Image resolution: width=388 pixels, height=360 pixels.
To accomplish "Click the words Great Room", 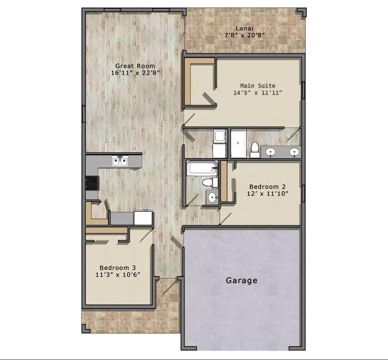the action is [x=135, y=66].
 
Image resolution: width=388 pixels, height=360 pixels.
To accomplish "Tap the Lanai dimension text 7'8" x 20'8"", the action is [x=244, y=35].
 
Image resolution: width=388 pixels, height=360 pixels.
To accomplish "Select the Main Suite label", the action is [x=258, y=86].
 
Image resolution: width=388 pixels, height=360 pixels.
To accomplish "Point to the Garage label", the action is [x=241, y=280].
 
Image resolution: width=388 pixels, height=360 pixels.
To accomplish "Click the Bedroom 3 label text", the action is [x=118, y=268].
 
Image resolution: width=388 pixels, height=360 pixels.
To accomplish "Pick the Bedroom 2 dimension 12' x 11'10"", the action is [x=267, y=194].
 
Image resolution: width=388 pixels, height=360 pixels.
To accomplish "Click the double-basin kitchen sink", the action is [x=120, y=161].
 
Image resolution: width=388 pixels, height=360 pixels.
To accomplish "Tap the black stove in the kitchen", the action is [x=92, y=183].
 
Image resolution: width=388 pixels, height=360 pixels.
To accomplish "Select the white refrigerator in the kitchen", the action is [x=143, y=218].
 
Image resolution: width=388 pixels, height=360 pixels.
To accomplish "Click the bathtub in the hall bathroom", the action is [x=202, y=168].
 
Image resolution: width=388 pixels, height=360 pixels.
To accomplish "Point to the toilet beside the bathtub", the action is [x=210, y=182].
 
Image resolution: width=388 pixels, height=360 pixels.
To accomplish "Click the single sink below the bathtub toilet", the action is [x=212, y=197].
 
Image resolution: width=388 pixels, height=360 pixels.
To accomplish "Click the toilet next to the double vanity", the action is [x=255, y=150].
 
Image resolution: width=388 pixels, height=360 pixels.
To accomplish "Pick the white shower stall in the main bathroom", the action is [x=239, y=143].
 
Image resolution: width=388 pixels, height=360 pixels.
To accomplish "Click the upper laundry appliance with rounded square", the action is [x=220, y=136].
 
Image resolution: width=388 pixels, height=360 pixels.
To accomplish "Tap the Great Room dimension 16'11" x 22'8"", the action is [x=135, y=73].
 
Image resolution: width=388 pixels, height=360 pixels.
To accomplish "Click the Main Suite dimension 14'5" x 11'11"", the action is [x=258, y=93].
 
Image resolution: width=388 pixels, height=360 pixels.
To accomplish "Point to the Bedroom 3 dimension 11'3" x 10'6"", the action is [x=118, y=275].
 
